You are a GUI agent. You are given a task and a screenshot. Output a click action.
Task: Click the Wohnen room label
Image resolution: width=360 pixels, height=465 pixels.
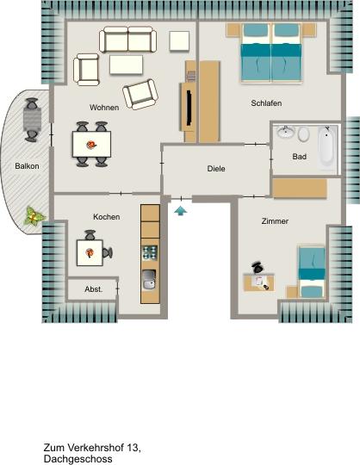(103, 108)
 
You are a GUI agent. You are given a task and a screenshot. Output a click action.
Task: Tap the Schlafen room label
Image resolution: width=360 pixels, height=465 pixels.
(266, 103)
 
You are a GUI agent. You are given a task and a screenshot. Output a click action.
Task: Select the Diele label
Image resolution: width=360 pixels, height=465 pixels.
(216, 169)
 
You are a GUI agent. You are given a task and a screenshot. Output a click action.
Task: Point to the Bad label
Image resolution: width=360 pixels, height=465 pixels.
(299, 157)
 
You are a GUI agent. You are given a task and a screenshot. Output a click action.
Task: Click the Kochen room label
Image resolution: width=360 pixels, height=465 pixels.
(106, 217)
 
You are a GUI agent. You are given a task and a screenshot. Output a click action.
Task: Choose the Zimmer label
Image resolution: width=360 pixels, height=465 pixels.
(275, 221)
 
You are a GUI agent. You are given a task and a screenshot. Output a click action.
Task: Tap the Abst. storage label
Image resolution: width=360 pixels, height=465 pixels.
(93, 289)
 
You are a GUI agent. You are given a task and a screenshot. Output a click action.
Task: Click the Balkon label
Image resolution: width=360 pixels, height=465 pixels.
(27, 166)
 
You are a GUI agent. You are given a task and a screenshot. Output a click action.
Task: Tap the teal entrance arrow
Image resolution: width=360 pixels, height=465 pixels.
(180, 208)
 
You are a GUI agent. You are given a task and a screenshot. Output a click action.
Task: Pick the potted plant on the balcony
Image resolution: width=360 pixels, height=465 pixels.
(34, 216)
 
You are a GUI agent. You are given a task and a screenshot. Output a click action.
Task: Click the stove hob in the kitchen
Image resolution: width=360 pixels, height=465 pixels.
(150, 252)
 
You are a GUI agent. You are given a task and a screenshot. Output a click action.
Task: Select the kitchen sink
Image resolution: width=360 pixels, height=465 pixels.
(150, 279)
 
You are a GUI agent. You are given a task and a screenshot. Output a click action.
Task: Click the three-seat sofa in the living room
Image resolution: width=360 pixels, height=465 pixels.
(128, 40)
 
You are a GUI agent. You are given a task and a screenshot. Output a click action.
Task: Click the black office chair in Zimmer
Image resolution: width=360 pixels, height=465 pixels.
(258, 268)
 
